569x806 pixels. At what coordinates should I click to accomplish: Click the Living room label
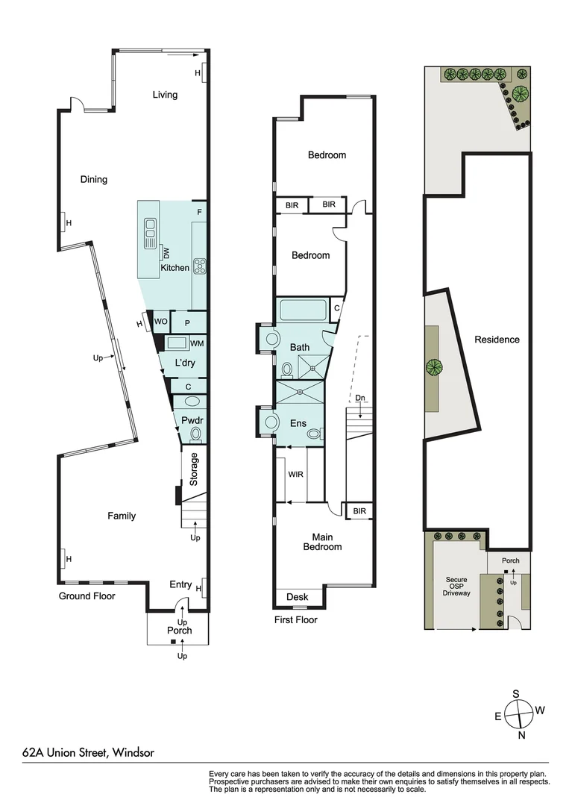(x=165, y=95)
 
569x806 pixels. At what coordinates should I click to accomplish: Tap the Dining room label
(x=94, y=179)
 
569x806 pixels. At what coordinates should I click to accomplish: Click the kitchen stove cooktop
(x=200, y=265)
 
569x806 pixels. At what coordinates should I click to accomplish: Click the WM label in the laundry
(x=197, y=344)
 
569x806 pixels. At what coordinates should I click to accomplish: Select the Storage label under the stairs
(x=194, y=469)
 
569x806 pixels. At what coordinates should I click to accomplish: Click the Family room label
(x=122, y=516)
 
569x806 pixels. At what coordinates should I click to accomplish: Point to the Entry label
(x=180, y=584)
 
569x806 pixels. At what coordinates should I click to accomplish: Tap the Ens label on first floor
(x=299, y=424)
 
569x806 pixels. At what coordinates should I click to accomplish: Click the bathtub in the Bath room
(x=302, y=310)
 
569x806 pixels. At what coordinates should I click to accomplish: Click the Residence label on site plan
(x=497, y=340)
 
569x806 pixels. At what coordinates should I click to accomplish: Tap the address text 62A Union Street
(x=88, y=753)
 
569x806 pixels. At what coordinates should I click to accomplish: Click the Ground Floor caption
(x=87, y=596)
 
